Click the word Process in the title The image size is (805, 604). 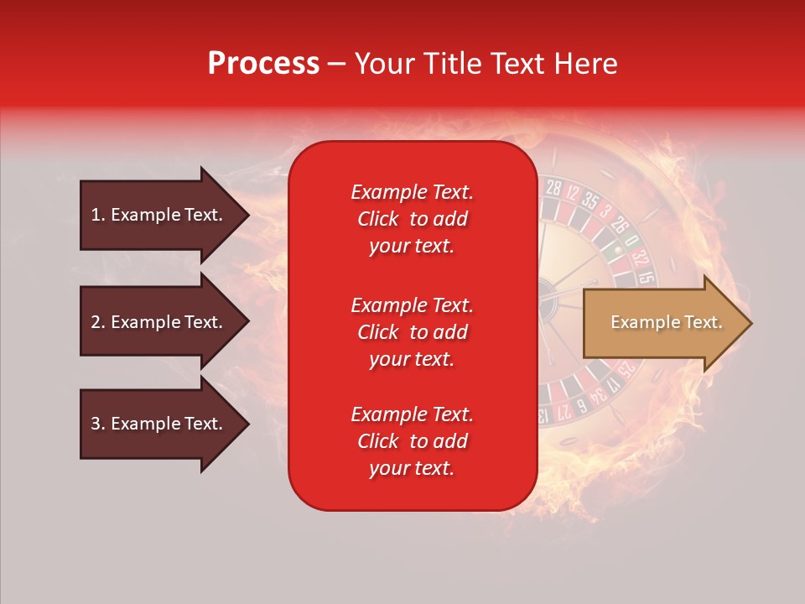[x=263, y=64]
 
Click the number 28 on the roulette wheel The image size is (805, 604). [x=553, y=187]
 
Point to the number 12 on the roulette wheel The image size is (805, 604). [x=573, y=193]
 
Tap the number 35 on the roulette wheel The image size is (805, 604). [x=590, y=201]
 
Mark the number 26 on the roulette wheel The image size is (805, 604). [x=618, y=225]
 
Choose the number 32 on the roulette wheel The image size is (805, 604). [x=639, y=257]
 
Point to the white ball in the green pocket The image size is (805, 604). [x=619, y=248]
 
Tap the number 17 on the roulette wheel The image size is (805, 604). [x=615, y=385]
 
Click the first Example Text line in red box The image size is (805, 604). [x=412, y=192]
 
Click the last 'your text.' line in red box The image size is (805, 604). [x=412, y=468]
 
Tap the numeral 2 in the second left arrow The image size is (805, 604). [x=96, y=322]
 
